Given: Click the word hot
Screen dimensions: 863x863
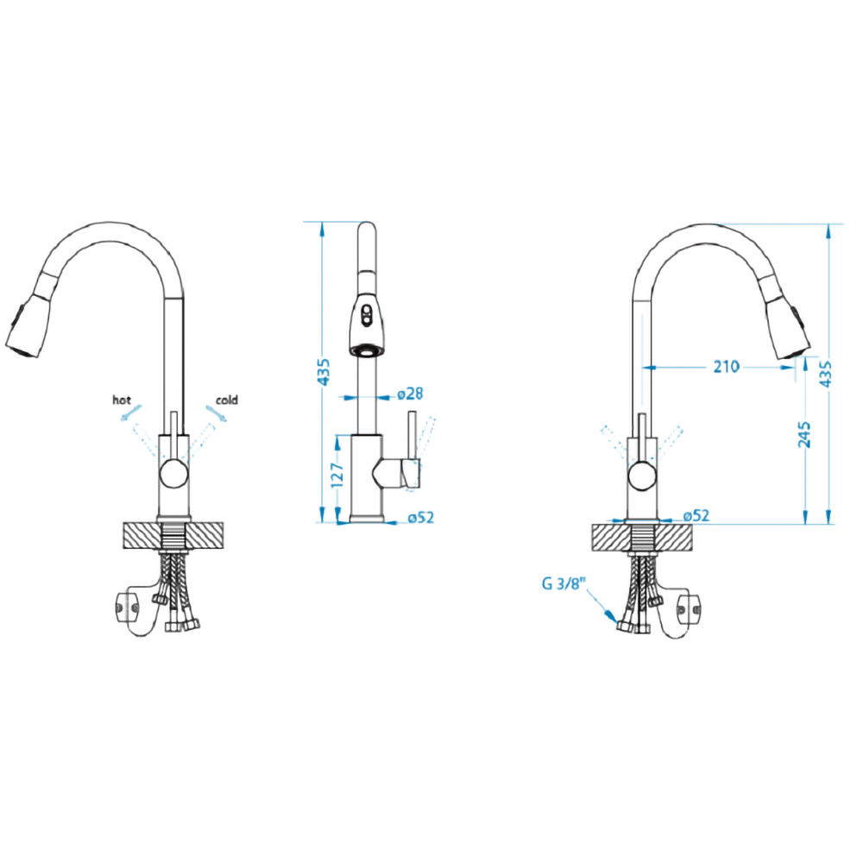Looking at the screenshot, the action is [122, 400].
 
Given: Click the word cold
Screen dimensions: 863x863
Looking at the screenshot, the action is [227, 400].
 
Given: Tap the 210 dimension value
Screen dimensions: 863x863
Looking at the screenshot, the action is [726, 367].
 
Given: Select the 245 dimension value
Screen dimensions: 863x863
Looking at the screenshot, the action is [804, 434].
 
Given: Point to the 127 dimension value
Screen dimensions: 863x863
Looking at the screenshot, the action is [337, 475].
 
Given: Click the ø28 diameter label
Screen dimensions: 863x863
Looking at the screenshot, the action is [410, 394].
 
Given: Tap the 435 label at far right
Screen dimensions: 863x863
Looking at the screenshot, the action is [826, 375].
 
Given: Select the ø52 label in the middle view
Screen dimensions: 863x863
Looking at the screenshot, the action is [421, 517].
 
